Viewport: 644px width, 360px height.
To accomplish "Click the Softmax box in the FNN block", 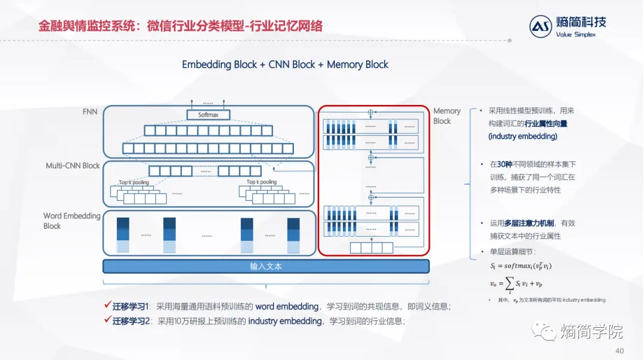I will (208, 114).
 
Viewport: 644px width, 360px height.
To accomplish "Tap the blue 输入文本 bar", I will (266, 266).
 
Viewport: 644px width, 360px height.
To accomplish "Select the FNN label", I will (90, 111).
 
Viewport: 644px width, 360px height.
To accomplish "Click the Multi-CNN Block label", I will (73, 166).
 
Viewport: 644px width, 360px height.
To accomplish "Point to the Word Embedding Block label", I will (72, 221).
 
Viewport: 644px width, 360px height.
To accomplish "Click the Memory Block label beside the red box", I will (447, 116).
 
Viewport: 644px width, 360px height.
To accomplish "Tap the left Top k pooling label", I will (134, 182).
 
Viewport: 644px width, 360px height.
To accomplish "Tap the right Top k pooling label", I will (262, 182).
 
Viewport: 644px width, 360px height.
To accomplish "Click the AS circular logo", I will (541, 27).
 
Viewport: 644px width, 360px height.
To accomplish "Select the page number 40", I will (620, 350).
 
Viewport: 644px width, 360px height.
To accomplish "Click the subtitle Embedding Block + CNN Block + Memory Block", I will (285, 64).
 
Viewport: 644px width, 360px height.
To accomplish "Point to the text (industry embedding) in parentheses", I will (523, 136).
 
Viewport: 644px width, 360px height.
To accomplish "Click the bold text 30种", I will (506, 164).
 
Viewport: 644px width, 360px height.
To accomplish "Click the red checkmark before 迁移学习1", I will (107, 306).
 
